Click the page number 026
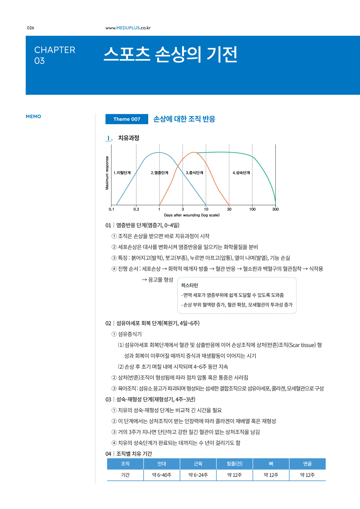(31, 28)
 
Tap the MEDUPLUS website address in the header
(128, 28)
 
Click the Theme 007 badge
(127, 119)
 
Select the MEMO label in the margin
(33, 117)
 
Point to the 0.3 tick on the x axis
(136, 209)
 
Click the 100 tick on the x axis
(252, 209)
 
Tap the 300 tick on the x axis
(275, 209)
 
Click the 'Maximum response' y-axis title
(107, 173)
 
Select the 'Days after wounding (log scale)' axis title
(192, 215)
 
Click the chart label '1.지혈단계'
(122, 173)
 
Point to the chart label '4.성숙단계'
(241, 173)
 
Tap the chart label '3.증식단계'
(194, 173)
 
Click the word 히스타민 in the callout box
(189, 285)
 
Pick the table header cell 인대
(162, 464)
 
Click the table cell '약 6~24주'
(198, 475)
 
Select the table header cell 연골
(307, 464)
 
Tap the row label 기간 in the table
(125, 475)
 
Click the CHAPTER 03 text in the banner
(55, 55)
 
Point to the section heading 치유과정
(129, 138)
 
